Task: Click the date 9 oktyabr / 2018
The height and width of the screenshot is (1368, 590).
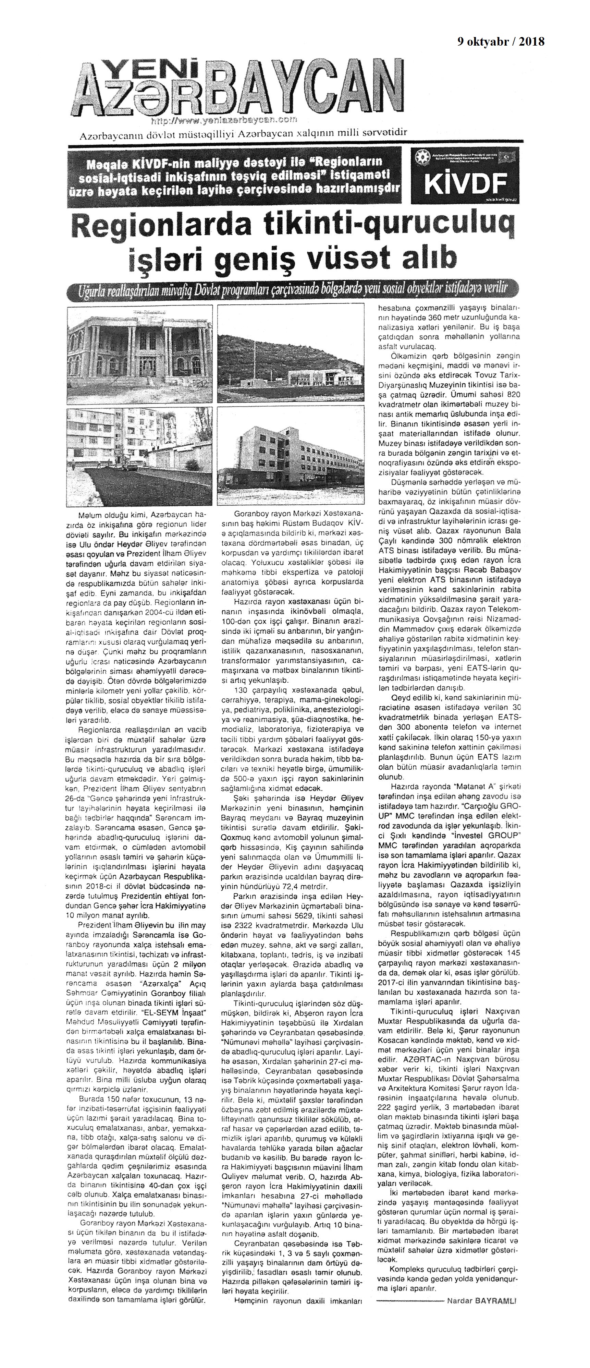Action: tap(501, 42)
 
